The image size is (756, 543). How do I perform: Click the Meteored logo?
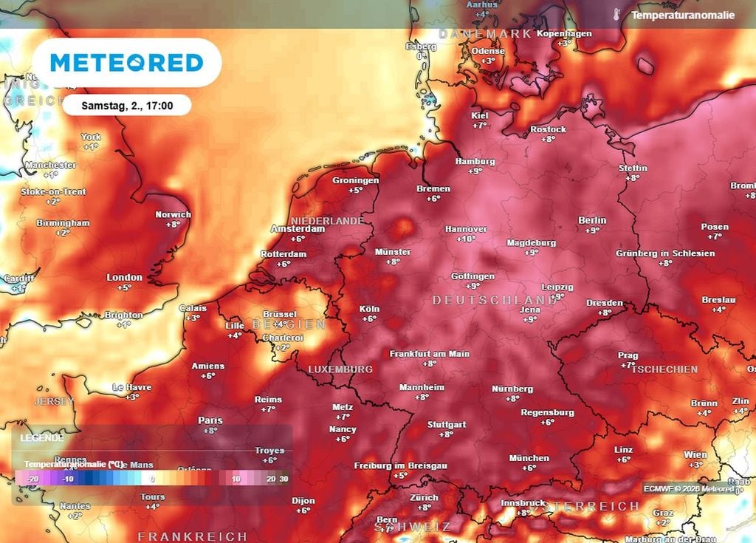coord(126,63)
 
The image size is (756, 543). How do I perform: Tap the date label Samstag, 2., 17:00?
coord(127,106)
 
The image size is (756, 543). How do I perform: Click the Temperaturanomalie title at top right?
coord(683,15)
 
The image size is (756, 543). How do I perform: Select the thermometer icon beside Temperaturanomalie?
coord(616,14)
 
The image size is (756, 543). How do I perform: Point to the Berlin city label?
coord(592,220)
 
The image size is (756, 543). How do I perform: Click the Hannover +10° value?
coord(466,239)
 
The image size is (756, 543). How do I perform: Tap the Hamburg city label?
coord(475,161)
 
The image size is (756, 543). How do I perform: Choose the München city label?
coord(529,458)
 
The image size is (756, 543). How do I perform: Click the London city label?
coord(124,278)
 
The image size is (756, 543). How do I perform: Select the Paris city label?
coord(210,420)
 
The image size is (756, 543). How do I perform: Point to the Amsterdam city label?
coord(298,229)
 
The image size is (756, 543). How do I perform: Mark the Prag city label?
coord(628,355)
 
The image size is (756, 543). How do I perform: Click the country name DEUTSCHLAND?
coord(495,300)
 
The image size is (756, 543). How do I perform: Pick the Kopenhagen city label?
coord(564,34)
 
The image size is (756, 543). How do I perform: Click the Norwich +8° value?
coord(173,225)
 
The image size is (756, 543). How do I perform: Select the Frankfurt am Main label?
coord(430,354)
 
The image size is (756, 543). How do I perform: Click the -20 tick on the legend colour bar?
coord(32,479)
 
